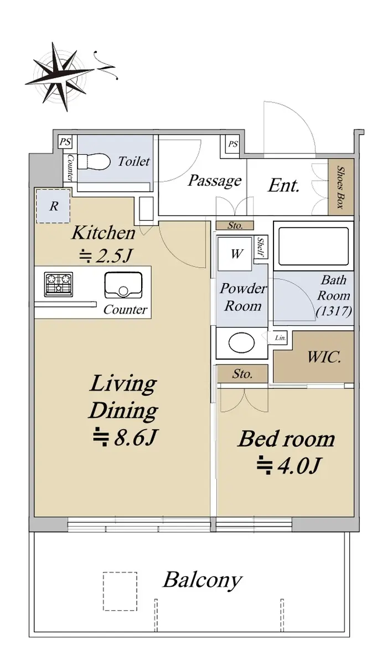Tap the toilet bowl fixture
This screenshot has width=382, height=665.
click(94, 162)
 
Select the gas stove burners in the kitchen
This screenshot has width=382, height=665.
click(59, 284)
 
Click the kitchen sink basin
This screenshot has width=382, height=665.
click(123, 285)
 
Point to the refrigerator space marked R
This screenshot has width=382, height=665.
click(53, 206)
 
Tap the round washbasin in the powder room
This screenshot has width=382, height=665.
click(241, 343)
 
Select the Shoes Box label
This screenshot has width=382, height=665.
click(341, 187)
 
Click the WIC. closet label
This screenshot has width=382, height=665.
click(324, 357)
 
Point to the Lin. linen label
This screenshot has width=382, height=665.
click(280, 338)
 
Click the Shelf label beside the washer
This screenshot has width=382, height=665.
click(261, 247)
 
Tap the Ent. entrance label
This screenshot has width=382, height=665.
click(284, 186)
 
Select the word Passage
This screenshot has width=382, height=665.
click(214, 180)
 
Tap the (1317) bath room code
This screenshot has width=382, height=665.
click(334, 311)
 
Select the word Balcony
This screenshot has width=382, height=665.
click(203, 580)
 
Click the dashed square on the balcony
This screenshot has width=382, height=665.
click(120, 591)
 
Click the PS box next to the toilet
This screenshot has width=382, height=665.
click(65, 142)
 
